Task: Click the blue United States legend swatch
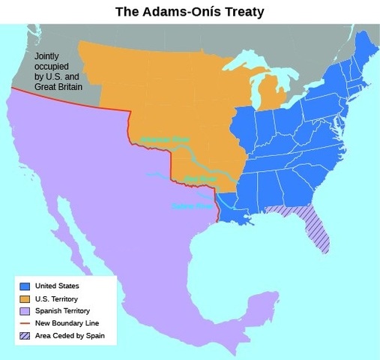(25, 285)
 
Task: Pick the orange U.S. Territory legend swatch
(25, 298)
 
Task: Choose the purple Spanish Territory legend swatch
(25, 310)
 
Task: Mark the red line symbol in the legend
(25, 323)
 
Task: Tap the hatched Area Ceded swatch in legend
(25, 336)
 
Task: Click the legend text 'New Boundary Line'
(69, 323)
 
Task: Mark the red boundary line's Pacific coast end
(11, 89)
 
